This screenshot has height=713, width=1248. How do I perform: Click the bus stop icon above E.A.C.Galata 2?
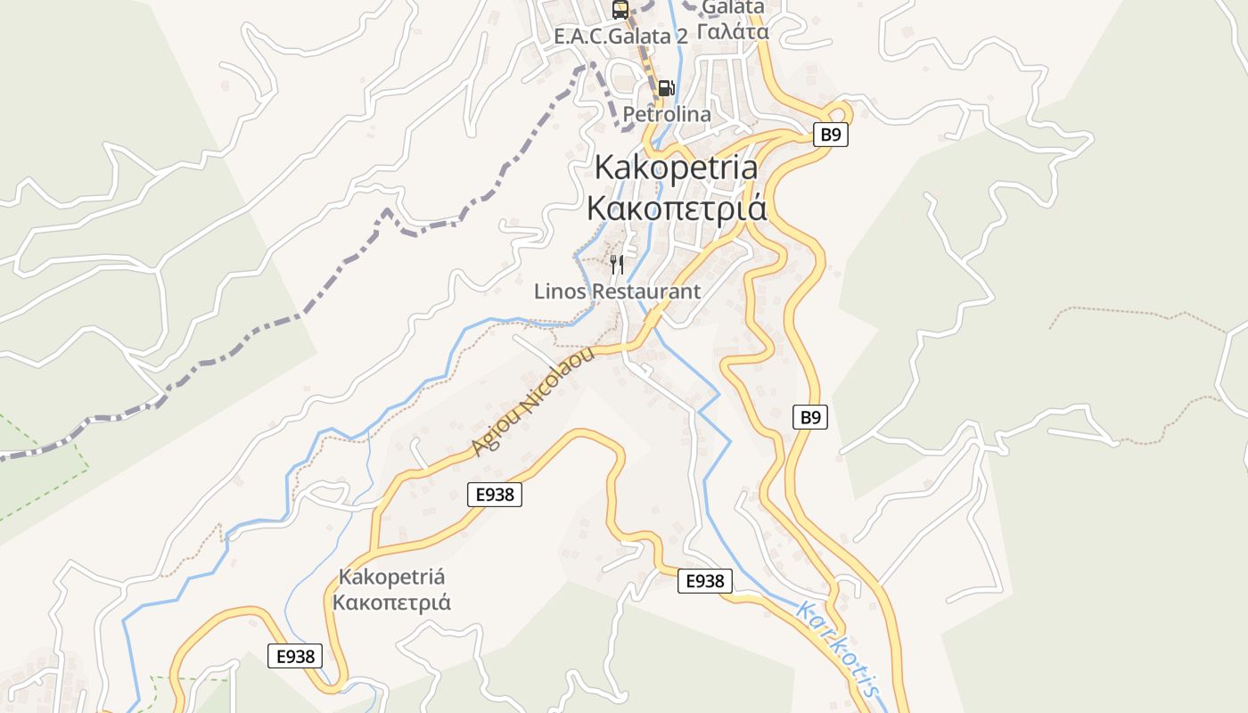pos(620,10)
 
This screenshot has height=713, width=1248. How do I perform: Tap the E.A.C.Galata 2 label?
pos(620,37)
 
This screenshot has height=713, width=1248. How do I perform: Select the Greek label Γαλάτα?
pos(733,32)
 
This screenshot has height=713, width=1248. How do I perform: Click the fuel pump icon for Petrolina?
pos(666,88)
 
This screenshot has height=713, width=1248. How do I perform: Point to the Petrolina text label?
pos(667,114)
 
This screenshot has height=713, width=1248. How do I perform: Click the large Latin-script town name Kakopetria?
pos(676,167)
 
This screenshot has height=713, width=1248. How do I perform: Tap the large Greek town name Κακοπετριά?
pos(676,207)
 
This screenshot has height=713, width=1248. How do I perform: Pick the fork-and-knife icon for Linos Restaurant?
pos(616,264)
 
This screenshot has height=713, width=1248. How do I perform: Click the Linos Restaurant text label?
pos(617,291)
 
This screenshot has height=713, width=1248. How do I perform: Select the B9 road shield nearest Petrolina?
pos(830,135)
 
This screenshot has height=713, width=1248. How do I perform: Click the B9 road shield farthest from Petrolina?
pos(810,416)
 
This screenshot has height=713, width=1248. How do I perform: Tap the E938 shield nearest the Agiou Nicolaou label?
pos(495,495)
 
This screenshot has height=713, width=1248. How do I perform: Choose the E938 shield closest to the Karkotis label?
pos(704,581)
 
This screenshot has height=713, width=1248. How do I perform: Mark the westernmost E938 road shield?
pos(295,656)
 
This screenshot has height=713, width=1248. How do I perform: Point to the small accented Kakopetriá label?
pos(391,577)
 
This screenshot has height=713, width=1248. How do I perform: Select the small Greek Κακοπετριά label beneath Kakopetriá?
pos(391,602)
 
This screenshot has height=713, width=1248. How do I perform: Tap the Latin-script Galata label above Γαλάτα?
pos(733,7)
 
